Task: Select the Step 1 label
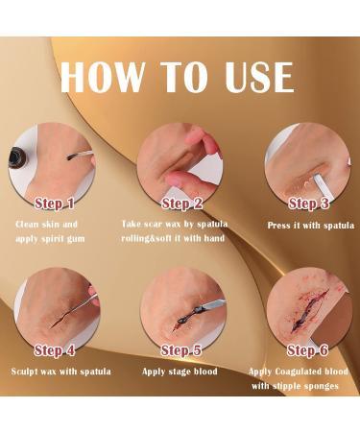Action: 56,204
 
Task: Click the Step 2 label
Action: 181,204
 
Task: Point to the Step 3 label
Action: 309,204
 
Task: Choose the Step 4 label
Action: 55,350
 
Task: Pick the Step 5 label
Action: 181,351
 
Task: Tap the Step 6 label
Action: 309,351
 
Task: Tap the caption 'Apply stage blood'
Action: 180,372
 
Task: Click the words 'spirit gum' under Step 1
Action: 75,237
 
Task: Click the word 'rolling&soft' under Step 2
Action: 150,237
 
